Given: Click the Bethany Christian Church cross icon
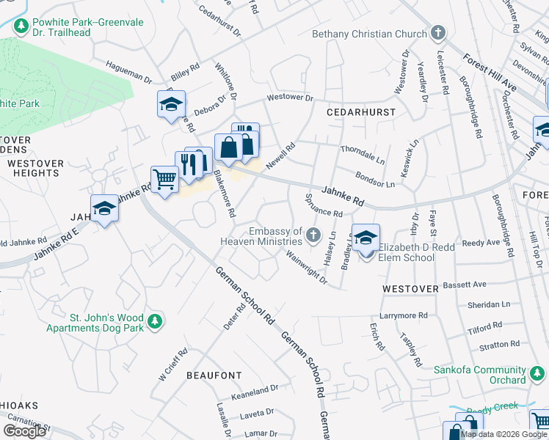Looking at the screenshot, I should coord(438,33).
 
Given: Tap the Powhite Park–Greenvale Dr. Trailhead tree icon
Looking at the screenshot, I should coord(21,26).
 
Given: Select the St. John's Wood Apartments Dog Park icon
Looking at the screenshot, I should coord(154,320).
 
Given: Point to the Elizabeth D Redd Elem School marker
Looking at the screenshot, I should coord(366,239).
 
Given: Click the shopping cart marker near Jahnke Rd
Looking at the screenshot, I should coord(164,179).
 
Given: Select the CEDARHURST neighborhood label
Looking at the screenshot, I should coord(361,112).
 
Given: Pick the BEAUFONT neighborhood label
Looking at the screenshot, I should coord(214,375).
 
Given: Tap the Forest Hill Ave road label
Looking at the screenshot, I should coord(489,74).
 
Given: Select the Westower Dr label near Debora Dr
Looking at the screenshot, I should coord(289,98).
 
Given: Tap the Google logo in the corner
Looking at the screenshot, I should coord(24,431).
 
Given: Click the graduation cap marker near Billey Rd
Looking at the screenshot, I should coord(171,104).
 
